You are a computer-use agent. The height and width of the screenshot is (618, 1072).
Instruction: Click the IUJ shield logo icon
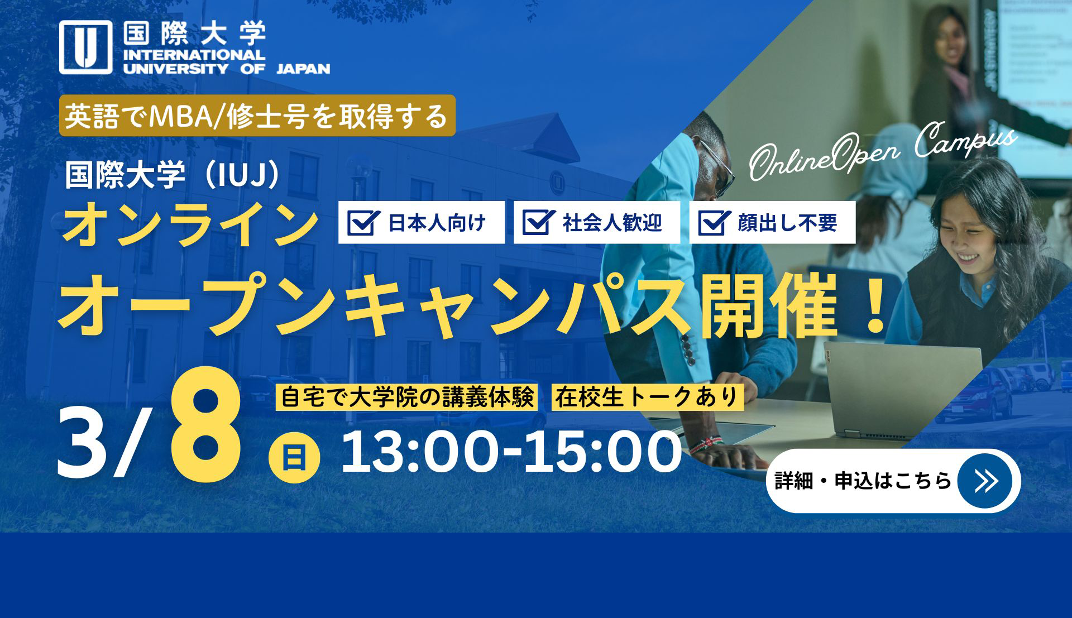coord(86,47)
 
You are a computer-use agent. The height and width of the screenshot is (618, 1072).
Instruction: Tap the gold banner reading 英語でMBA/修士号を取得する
coord(257,116)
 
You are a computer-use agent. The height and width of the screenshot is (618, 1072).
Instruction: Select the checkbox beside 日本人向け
coord(363,223)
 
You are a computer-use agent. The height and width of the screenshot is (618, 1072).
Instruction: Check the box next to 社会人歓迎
coord(539,223)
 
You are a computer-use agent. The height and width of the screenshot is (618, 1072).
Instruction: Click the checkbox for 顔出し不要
coord(714,223)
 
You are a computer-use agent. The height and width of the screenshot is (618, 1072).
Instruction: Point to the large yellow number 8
coord(206,424)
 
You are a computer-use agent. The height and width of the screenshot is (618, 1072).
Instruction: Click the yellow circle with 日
coord(294,457)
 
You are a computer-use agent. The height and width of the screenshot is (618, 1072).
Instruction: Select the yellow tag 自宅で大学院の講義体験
coord(406,397)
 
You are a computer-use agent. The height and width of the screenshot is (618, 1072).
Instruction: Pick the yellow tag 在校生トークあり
coord(647,397)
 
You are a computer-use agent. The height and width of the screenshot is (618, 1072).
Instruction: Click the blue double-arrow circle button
coord(985,481)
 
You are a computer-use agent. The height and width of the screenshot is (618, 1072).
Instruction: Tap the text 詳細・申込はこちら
coord(863,481)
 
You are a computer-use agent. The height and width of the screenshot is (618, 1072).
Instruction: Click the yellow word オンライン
coord(190,224)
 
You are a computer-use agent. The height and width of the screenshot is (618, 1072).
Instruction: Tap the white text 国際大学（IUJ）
coord(174,175)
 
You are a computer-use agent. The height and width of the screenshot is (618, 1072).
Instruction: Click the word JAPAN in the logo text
coord(303,69)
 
